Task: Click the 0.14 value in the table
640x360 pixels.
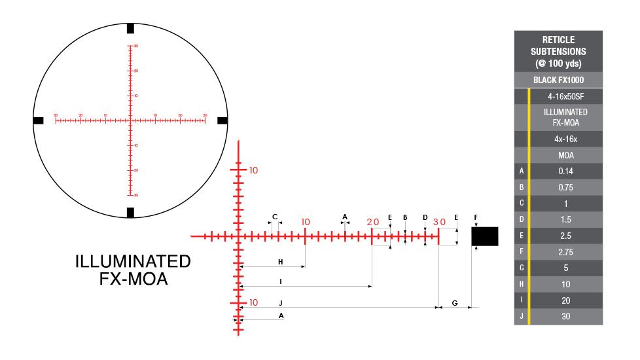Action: [x=565, y=171]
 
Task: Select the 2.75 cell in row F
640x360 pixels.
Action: [x=565, y=251]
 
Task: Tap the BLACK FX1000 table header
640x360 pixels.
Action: [x=558, y=81]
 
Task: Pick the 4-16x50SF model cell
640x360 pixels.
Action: [x=565, y=96]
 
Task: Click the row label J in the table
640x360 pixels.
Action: [x=521, y=316]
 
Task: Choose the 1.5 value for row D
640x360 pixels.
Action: [x=565, y=219]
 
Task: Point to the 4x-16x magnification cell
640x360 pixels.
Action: [x=565, y=139]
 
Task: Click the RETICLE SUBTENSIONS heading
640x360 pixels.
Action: [x=558, y=52]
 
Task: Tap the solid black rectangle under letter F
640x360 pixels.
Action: [x=485, y=236]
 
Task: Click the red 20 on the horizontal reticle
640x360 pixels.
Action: [x=373, y=222]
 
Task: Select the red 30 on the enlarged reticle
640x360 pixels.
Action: [x=439, y=222]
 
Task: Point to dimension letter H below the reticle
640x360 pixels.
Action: [x=280, y=262]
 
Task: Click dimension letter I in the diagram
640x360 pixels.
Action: [x=280, y=282]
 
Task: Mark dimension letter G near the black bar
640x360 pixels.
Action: [x=455, y=303]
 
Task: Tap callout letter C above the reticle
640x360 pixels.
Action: [x=275, y=217]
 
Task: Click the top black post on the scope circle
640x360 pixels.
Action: [x=130, y=28]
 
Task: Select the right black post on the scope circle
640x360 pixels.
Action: [x=222, y=120]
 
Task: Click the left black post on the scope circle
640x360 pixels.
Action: [x=38, y=120]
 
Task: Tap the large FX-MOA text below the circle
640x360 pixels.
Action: [x=133, y=279]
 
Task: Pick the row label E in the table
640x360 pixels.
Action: [x=521, y=236]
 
